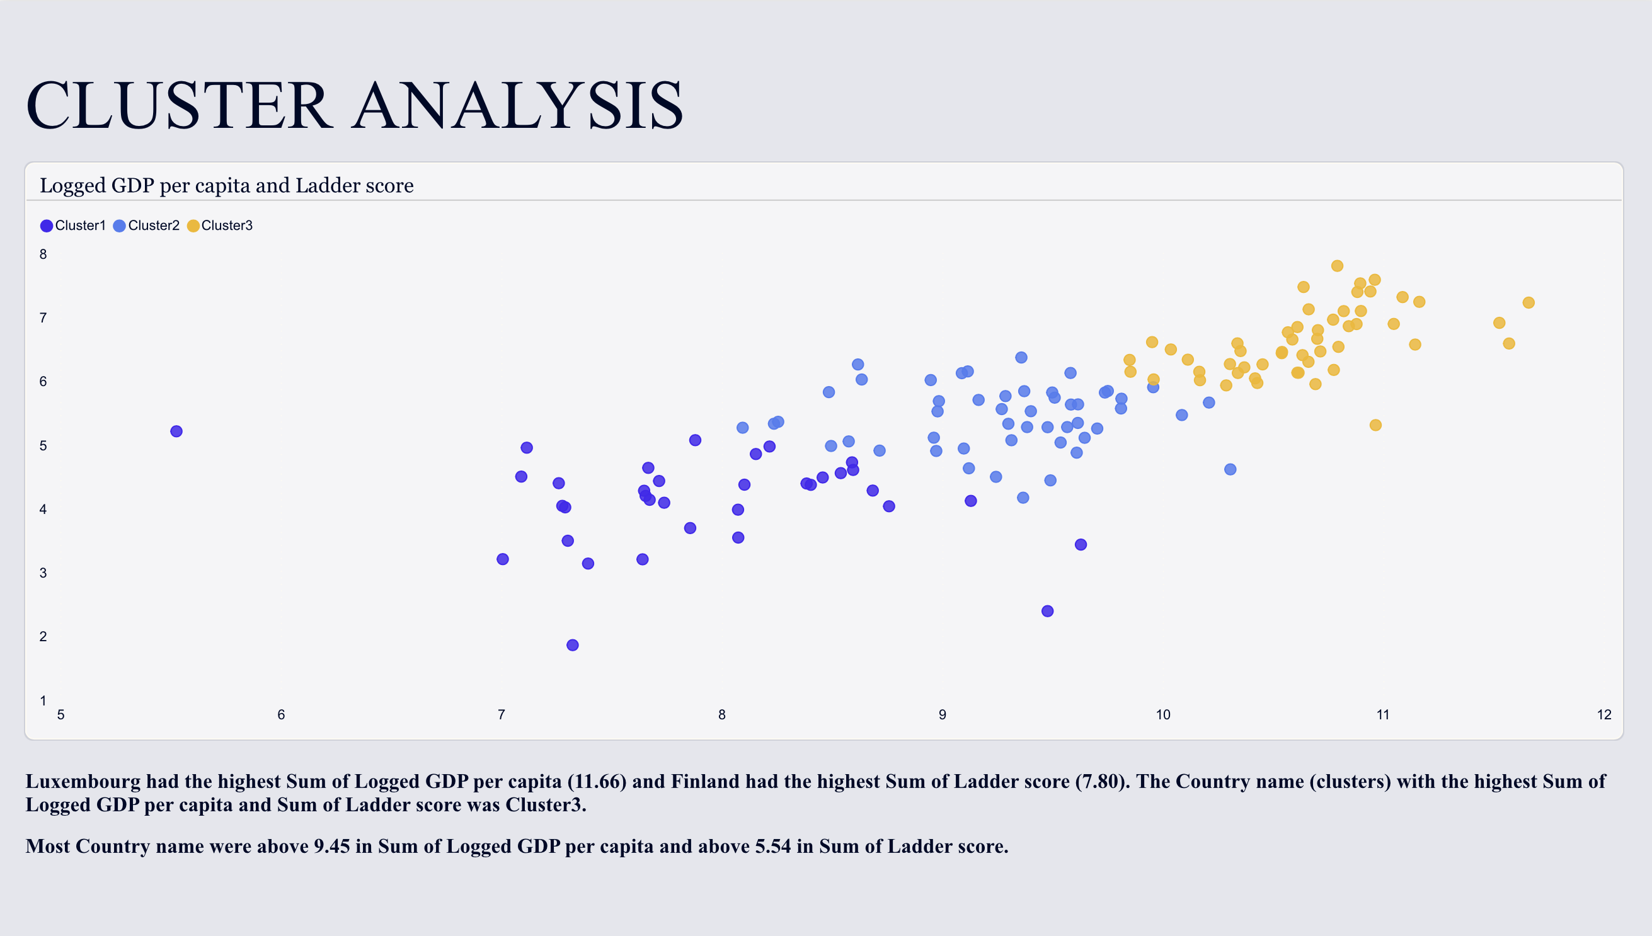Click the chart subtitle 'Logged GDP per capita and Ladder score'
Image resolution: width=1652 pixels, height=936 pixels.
(226, 185)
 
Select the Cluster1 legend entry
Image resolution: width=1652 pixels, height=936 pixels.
(72, 225)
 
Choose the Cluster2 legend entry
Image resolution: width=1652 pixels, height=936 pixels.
(146, 225)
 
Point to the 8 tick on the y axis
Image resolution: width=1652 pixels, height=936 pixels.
(43, 254)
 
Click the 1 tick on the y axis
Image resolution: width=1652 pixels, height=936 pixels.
(43, 700)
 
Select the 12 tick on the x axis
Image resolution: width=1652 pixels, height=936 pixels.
(1603, 715)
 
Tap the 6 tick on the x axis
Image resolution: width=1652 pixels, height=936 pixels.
(281, 715)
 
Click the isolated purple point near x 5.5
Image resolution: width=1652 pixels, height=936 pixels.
(176, 431)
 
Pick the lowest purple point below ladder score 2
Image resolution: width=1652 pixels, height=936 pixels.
(572, 645)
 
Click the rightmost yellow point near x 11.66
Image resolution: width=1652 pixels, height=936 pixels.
(1529, 303)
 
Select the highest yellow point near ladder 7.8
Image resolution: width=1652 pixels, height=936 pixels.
(1337, 266)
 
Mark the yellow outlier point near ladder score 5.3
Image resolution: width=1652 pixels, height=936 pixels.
(1375, 425)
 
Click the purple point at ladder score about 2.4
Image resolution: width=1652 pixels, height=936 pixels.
(1048, 611)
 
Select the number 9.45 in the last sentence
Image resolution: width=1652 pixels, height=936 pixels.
(332, 847)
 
